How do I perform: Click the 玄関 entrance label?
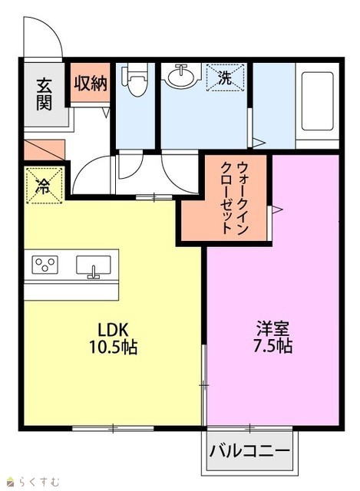[45, 94]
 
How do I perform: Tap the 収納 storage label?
[91, 84]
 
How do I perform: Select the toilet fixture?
[135, 80]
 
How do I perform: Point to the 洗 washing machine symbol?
[225, 77]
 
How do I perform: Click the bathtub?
[317, 101]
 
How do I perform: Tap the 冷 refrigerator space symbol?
[45, 186]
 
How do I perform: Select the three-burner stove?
[45, 265]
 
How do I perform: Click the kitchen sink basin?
[94, 265]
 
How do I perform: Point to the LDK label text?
[113, 330]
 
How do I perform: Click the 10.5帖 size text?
[113, 347]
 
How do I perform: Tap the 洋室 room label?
[272, 328]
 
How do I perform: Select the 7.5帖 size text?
[272, 346]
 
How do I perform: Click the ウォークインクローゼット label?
[234, 198]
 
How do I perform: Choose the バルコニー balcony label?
[249, 451]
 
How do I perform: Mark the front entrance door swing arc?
[51, 26]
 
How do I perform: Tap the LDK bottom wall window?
[113, 428]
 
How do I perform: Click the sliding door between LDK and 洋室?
[204, 384]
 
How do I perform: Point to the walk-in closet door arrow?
[277, 209]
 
